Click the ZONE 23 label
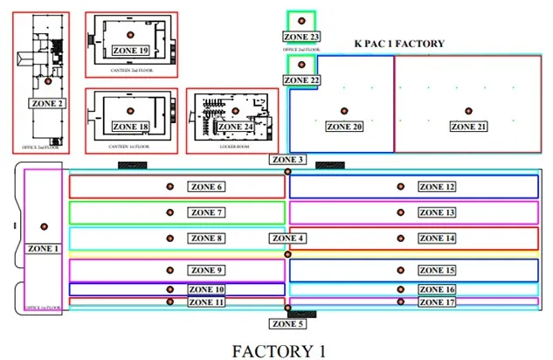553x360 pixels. (x=301, y=37)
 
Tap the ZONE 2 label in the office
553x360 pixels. (x=48, y=103)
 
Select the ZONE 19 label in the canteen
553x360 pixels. (x=130, y=51)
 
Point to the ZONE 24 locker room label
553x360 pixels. (x=236, y=128)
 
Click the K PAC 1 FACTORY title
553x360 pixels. (x=399, y=44)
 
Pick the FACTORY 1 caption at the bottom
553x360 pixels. (x=279, y=350)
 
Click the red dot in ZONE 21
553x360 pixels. (x=469, y=111)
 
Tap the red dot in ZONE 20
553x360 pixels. (x=344, y=111)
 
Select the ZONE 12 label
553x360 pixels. (x=437, y=187)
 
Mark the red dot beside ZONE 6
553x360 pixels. (x=170, y=187)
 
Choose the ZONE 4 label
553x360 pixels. (x=288, y=239)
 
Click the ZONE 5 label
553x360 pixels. (x=288, y=324)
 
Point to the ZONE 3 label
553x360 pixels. (x=288, y=160)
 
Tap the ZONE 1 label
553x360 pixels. (x=44, y=248)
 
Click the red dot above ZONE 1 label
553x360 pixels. (x=44, y=227)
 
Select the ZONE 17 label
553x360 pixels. (x=437, y=302)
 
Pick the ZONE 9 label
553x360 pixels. (x=208, y=270)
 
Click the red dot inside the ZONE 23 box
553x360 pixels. (x=301, y=20)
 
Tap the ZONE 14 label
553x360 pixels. (x=437, y=238)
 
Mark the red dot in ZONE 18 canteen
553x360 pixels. (x=130, y=109)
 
